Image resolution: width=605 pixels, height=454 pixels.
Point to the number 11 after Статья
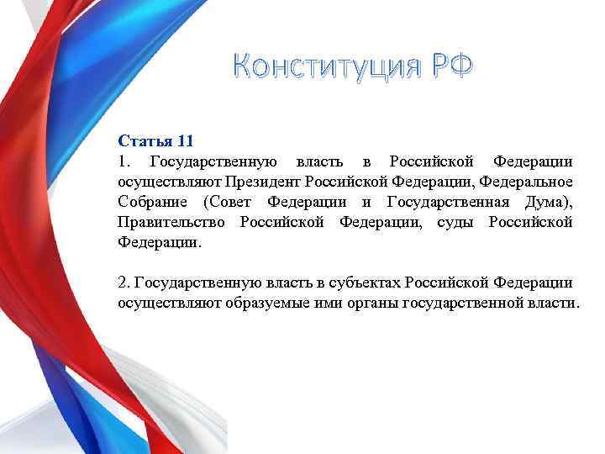click(186, 140)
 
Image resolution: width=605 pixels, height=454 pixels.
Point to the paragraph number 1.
click(123, 161)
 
